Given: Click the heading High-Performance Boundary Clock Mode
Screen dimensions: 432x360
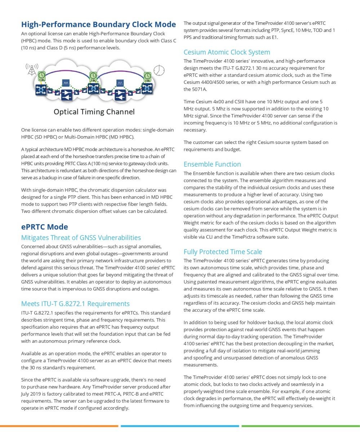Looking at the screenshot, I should pyautogui.click(x=98, y=24).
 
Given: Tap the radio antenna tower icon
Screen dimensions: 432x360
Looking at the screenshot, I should pyautogui.click(x=32, y=69).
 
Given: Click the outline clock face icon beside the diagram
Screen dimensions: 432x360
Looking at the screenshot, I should pyautogui.click(x=159, y=70).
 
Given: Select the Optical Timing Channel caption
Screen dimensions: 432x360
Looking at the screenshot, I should pyautogui.click(x=94, y=112).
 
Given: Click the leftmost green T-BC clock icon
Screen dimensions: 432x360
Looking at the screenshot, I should pyautogui.click(x=42, y=76).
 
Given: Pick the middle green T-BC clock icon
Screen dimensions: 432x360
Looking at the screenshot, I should pyautogui.click(x=93, y=76).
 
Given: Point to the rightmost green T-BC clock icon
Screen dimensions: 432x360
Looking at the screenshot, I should pyautogui.click(x=147, y=76).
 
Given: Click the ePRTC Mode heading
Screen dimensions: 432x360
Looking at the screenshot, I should pyautogui.click(x=45, y=227).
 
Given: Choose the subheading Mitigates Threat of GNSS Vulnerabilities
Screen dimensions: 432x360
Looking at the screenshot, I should pyautogui.click(x=81, y=238).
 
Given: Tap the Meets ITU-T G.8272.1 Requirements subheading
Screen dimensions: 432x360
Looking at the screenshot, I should pyautogui.click(x=75, y=303).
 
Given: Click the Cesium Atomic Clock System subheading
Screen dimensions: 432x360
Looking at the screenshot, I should pyautogui.click(x=227, y=52).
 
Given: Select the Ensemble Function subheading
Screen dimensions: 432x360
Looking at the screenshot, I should pyautogui.click(x=212, y=164).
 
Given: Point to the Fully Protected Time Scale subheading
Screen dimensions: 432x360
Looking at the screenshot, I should pyautogui.click(x=223, y=252).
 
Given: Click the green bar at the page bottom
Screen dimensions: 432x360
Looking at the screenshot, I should pyautogui.click(x=300, y=426).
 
